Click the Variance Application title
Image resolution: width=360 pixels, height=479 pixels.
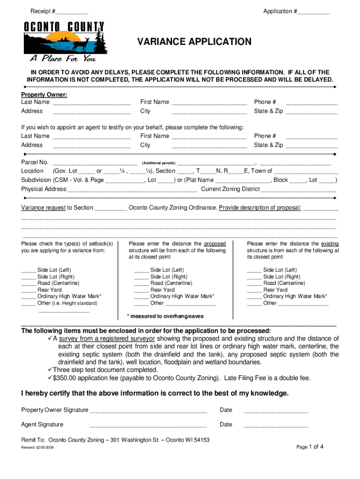point(194,42)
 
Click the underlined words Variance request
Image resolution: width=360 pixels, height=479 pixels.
point(43,208)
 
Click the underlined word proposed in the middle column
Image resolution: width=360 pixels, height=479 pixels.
point(215,244)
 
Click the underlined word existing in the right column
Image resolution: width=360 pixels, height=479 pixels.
point(330,244)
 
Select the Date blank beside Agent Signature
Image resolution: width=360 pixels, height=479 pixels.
point(276,425)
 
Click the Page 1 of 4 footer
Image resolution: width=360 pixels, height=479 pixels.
point(310,447)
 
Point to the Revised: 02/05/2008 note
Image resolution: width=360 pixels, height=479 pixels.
point(38,448)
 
